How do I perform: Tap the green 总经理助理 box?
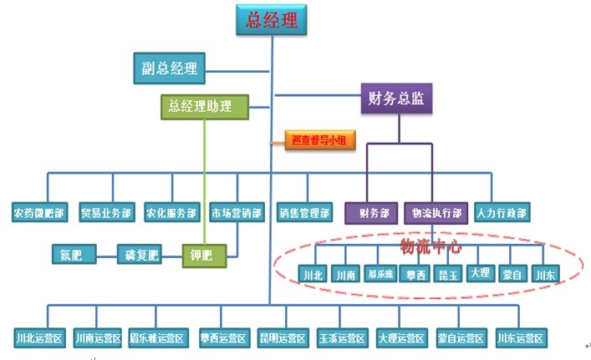point(205,106)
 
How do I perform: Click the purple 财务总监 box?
point(396,99)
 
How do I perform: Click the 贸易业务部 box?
point(106,213)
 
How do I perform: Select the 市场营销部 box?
point(237,213)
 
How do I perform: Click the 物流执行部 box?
point(436,213)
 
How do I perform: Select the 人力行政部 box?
point(502,213)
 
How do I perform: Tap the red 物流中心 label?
point(428,246)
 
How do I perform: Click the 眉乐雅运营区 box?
point(156,338)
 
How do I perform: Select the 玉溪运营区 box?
point(342,338)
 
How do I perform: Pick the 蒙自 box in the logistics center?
point(512,274)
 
